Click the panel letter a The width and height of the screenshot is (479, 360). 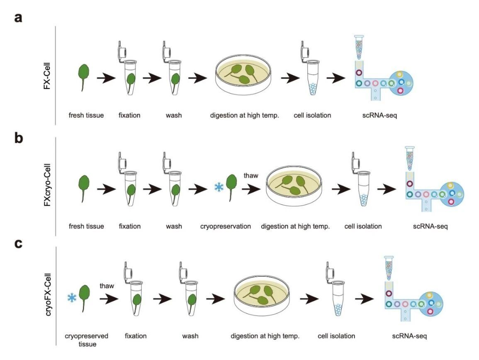tap(18, 18)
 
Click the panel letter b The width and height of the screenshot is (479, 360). tap(18, 138)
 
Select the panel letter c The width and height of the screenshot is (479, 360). tap(18, 243)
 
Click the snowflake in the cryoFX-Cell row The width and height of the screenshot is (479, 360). tap(72, 297)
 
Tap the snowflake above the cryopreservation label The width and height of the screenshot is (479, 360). tap(218, 187)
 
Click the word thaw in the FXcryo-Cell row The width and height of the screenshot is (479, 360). tap(250, 175)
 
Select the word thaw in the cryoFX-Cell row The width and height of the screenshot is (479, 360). tap(107, 286)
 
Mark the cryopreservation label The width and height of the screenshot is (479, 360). tap(226, 226)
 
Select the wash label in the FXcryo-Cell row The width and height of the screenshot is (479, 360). tap(173, 226)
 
